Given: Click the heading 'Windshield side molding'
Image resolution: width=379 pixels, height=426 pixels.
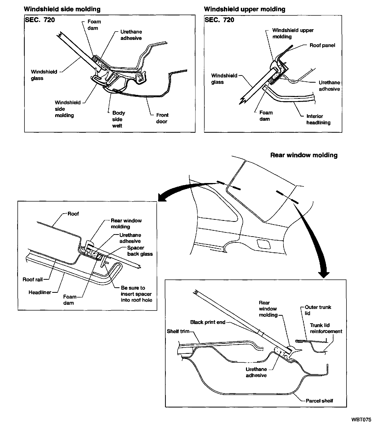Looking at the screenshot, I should [62, 9].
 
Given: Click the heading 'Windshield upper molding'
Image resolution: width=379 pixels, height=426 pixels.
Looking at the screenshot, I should [244, 9].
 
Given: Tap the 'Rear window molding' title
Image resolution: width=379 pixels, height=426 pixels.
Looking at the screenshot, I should [304, 155].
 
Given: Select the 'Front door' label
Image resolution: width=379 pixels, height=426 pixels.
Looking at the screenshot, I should [162, 118].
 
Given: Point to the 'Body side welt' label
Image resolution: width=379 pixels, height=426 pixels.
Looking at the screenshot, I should [118, 119].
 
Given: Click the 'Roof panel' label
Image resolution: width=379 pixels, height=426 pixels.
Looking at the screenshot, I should [322, 45].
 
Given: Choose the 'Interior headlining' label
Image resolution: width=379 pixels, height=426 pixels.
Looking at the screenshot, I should [318, 119].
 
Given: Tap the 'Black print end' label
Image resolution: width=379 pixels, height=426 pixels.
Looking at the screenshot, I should [208, 322].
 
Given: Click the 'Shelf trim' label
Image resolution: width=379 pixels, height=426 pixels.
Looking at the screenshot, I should [178, 331].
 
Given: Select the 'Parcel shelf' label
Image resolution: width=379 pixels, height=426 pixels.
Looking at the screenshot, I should [319, 401].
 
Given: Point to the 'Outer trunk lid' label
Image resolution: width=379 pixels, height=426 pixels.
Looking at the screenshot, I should [318, 310].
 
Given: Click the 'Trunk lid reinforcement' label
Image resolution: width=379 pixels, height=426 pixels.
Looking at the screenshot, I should [326, 328].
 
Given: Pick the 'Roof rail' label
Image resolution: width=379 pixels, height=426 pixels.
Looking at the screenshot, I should [32, 279].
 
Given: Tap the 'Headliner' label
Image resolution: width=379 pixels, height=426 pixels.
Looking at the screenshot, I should [40, 292].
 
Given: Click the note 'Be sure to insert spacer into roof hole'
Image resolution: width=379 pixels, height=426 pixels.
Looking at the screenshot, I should [136, 294].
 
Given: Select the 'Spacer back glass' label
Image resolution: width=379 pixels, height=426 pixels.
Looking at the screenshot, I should [140, 251].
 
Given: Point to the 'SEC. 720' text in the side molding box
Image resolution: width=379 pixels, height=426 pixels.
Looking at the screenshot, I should [40, 20].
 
